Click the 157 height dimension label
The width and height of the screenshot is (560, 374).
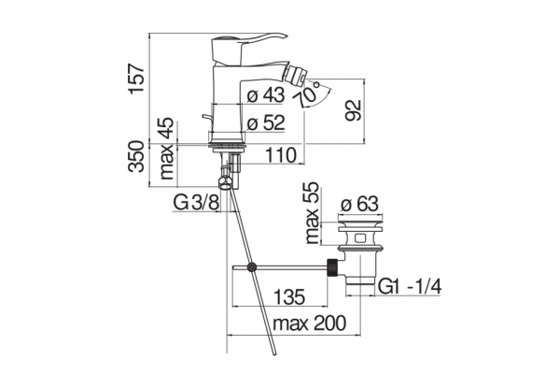click(137, 79)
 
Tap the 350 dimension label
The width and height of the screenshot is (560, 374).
click(137, 156)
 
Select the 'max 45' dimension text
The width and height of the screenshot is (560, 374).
click(167, 149)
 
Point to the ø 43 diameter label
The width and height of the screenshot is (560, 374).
click(266, 94)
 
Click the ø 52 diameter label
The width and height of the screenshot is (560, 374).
click(266, 123)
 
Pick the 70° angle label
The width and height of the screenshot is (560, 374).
click(307, 93)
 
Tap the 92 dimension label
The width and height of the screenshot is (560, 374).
click(354, 110)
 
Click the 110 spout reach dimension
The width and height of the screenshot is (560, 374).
click(281, 155)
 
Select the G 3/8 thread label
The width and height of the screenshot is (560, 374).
click(196, 203)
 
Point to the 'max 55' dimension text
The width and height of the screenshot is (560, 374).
click(312, 212)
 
